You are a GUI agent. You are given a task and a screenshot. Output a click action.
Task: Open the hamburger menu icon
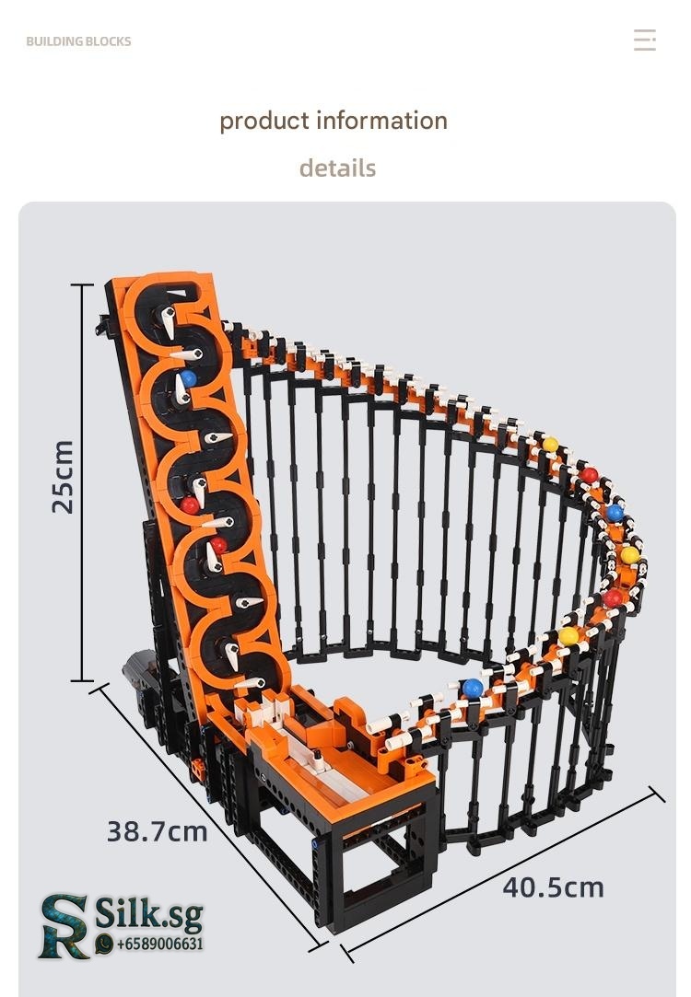645,40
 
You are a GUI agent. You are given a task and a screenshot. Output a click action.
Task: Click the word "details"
337,168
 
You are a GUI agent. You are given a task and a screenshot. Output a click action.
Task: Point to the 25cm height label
63,477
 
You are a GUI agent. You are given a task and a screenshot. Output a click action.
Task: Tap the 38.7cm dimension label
158,831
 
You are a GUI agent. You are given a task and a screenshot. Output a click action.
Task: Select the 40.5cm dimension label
553,887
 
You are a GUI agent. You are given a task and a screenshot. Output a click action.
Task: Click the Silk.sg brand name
149,914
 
